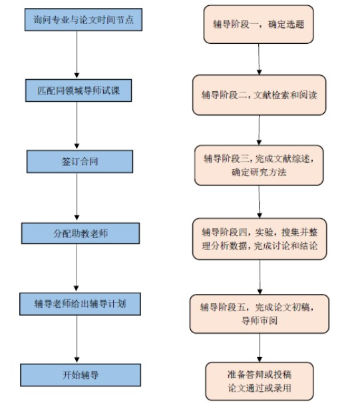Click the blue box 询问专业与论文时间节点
pos(82,19)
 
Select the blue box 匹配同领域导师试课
pos(81,88)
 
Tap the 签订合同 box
pos(80,161)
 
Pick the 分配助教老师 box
pos(80,233)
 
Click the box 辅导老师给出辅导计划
pos(80,303)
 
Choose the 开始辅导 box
pos(80,374)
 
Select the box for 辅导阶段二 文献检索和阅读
pos(260,94)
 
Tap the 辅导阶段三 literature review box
pos(259,166)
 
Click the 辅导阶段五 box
pos(259,313)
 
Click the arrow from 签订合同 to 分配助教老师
pos(78,198)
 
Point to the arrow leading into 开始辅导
pos(78,339)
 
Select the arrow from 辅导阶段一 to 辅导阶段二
pos(259,61)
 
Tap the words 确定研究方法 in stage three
pos(259,173)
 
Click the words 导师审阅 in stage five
pos(259,320)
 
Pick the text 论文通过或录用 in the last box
pos(259,388)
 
